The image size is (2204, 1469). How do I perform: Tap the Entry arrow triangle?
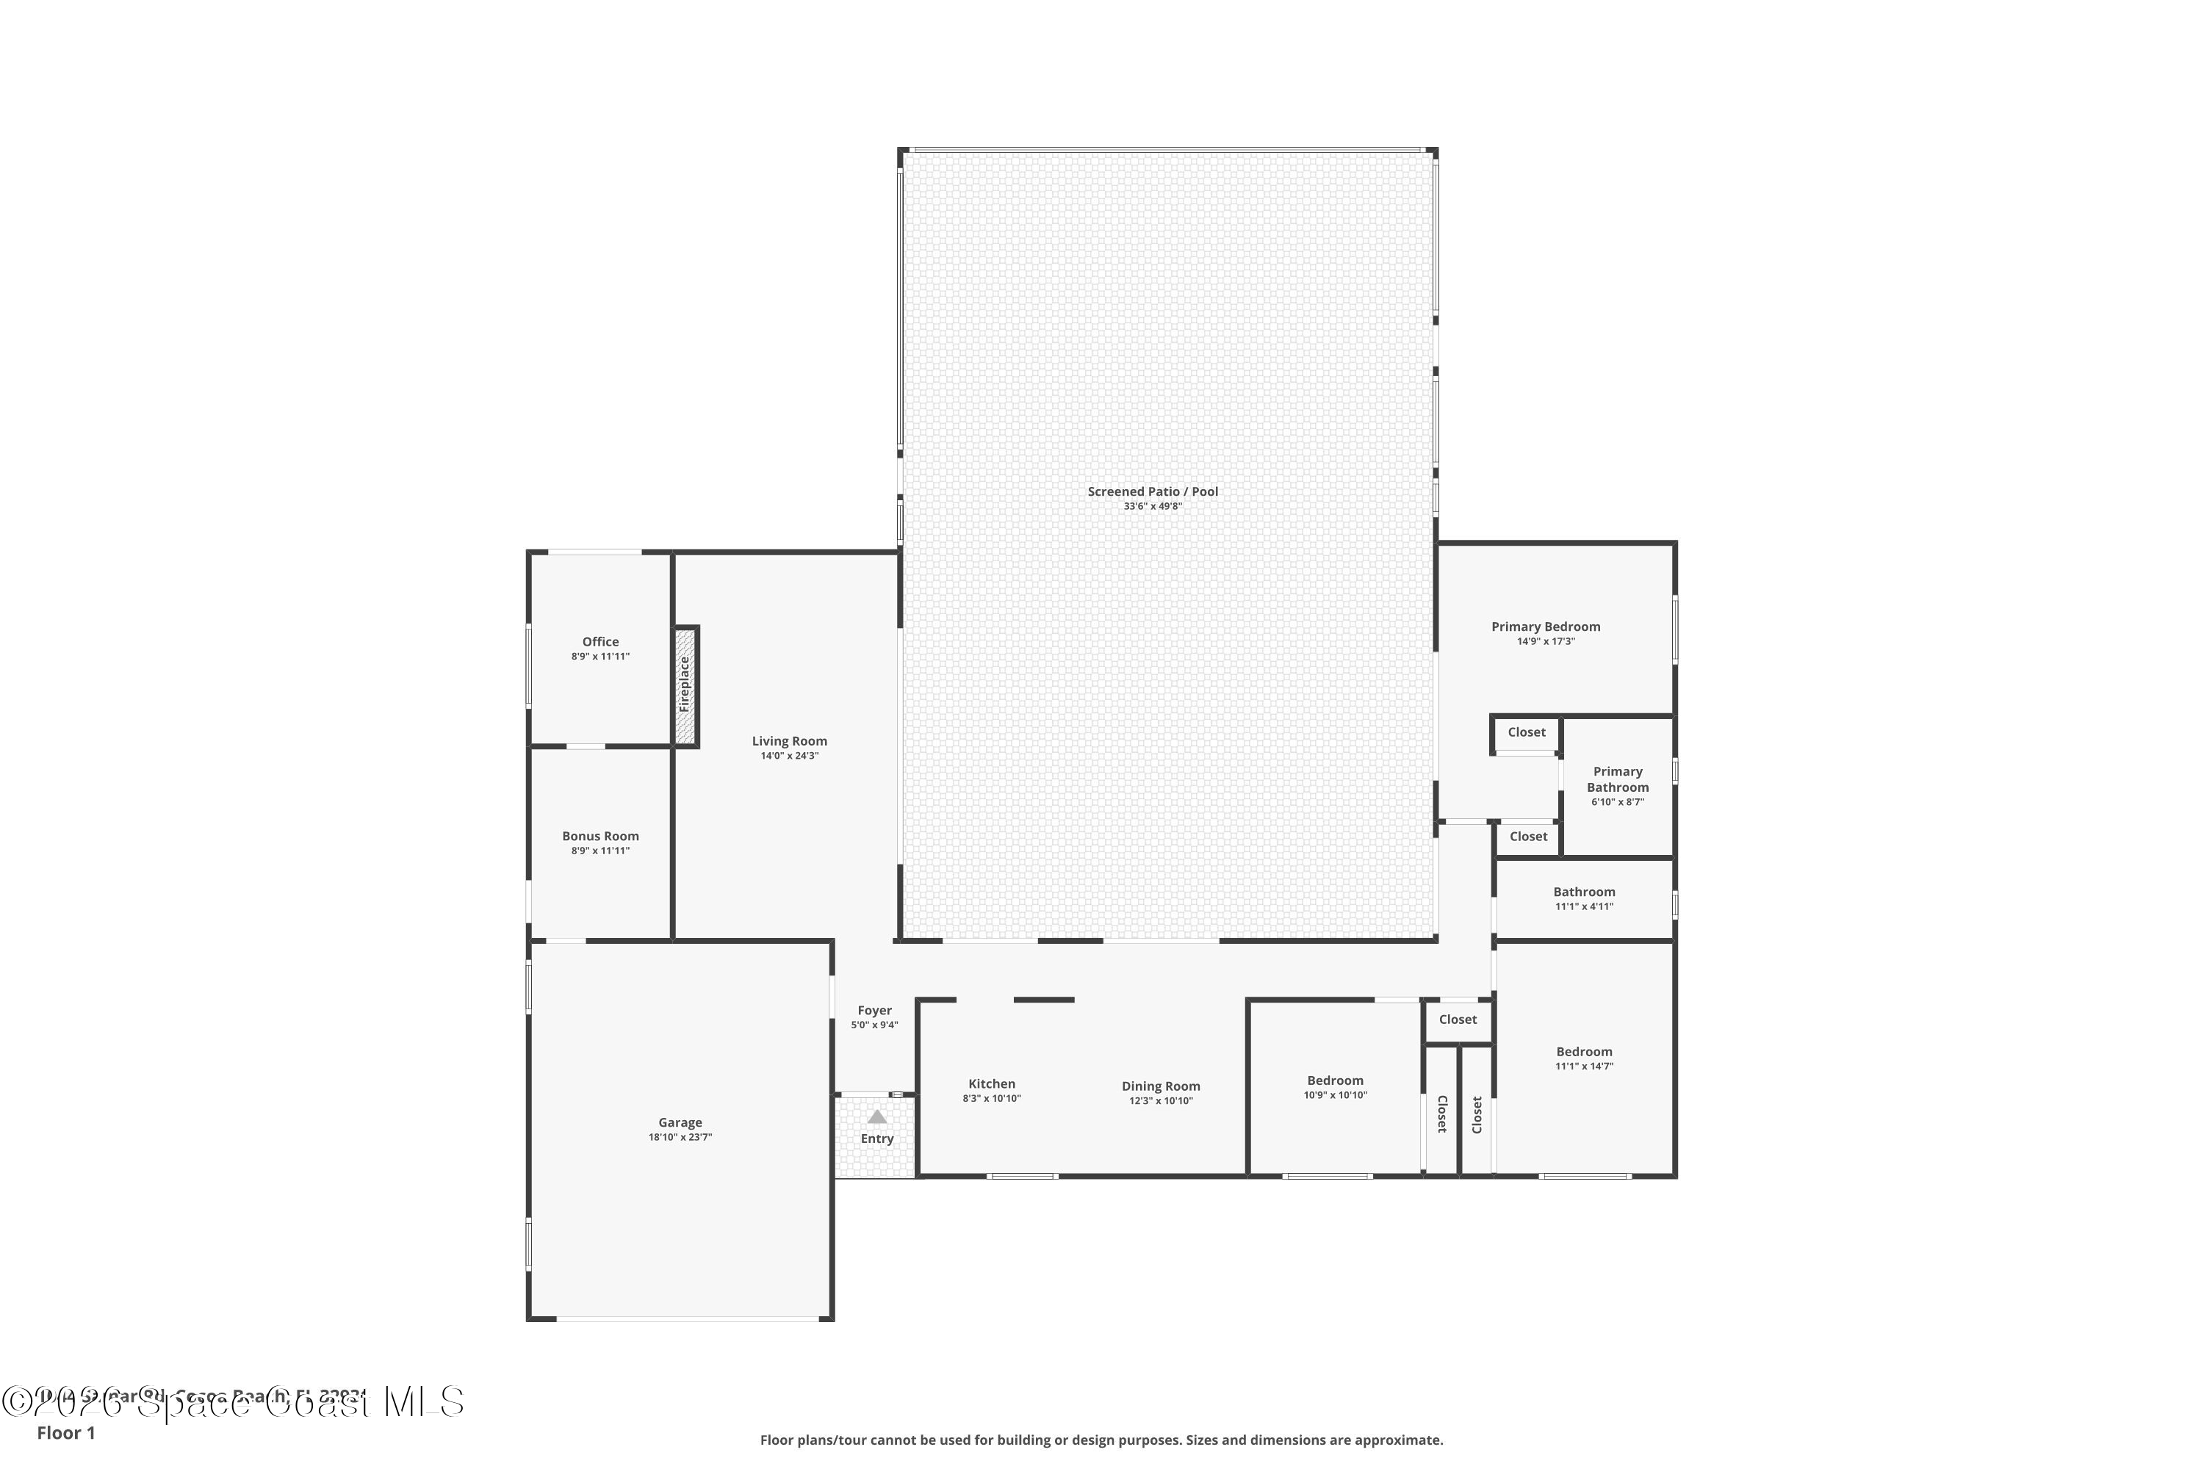click(877, 1116)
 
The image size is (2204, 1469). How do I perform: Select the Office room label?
click(601, 642)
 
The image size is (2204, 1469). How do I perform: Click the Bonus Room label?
click(601, 836)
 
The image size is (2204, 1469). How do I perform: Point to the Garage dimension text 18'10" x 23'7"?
click(680, 1137)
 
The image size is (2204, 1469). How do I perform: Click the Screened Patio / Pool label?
click(1153, 491)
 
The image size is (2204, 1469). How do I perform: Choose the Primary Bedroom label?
click(1546, 627)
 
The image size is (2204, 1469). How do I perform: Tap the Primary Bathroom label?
click(1618, 779)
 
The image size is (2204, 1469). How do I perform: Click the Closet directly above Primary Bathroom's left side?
click(1527, 732)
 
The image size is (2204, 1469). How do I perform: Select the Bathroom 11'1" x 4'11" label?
click(1585, 892)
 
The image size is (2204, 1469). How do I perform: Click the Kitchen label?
click(991, 1084)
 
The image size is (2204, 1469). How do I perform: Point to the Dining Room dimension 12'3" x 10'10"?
click(1161, 1101)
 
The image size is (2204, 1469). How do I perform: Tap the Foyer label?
click(874, 1010)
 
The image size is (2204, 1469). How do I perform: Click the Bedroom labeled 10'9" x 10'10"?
click(1336, 1080)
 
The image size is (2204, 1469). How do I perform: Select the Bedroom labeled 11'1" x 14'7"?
click(1585, 1051)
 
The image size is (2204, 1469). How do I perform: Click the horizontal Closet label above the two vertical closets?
click(1458, 1019)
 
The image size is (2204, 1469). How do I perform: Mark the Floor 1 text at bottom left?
click(65, 1432)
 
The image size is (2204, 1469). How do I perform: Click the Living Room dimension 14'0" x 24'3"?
click(789, 756)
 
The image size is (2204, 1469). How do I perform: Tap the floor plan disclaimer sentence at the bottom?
click(1101, 1440)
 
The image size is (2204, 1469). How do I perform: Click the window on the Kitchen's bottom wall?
click(1023, 1176)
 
